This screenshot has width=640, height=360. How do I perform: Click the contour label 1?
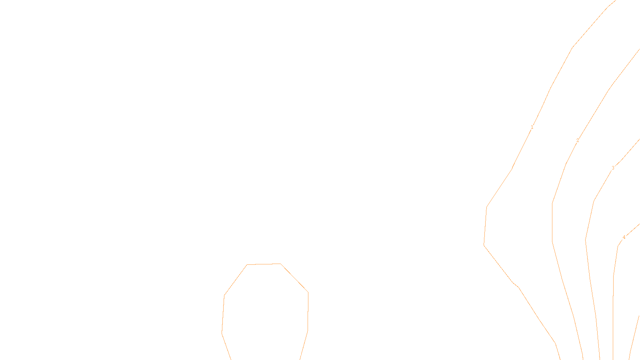(x=532, y=127)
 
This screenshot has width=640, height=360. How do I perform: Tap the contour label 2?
(x=578, y=140)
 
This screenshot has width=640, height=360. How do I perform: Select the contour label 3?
(x=613, y=168)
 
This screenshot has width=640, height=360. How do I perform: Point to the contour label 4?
(x=624, y=238)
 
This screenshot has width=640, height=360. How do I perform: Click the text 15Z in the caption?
(x=303, y=354)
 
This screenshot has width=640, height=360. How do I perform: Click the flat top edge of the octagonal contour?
(x=264, y=264)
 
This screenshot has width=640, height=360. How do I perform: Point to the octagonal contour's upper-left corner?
(x=247, y=264)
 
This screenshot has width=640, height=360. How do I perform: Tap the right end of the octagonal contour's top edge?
(x=281, y=264)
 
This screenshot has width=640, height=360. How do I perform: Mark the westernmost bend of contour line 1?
(x=484, y=245)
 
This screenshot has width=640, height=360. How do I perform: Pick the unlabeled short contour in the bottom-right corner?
(x=634, y=336)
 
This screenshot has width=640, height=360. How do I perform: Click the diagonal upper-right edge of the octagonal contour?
(x=294, y=278)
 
